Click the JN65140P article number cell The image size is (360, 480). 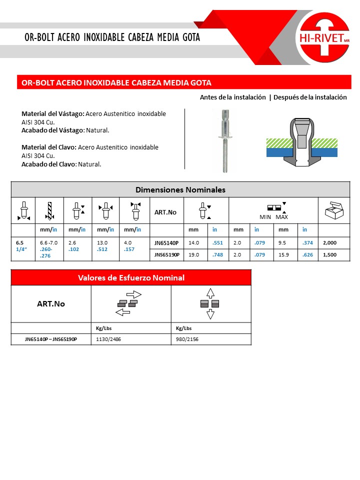point(166,242)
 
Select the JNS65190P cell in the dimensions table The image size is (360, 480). point(167,254)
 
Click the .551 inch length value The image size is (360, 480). point(218,242)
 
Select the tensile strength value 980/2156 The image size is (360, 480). point(184,339)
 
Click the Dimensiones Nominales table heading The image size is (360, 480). point(180,190)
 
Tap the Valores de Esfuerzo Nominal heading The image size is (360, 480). point(131,277)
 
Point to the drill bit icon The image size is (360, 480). point(49,210)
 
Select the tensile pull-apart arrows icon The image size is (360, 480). point(210,303)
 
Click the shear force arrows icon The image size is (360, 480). point(129,303)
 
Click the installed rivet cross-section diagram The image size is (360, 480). point(302,142)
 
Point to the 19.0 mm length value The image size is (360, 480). point(194,254)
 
